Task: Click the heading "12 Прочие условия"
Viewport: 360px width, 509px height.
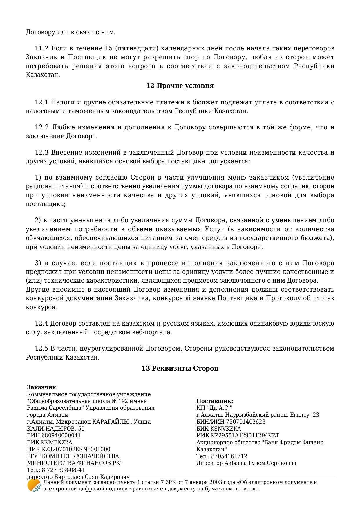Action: (180, 86)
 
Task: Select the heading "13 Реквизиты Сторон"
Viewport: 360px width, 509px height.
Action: (180, 369)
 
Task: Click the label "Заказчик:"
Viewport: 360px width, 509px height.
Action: (42, 387)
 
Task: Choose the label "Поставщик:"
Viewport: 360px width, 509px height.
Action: (215, 401)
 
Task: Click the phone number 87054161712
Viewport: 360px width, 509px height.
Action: (229, 456)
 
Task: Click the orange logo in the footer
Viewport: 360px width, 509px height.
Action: (34, 485)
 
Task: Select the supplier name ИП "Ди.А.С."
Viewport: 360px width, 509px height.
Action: (214, 408)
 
